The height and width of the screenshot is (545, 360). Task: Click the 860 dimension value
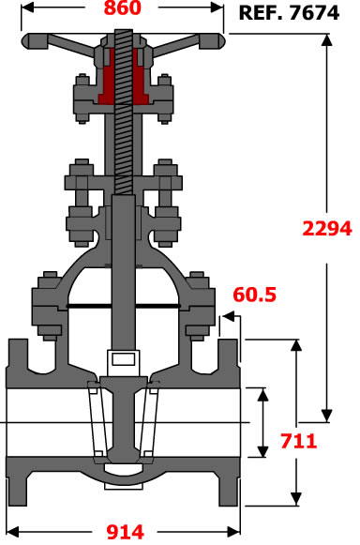coord(123,8)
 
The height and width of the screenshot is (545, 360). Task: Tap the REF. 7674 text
coord(289,13)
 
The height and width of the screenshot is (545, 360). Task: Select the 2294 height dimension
coord(327,229)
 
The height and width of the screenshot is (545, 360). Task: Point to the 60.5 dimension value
coord(255,295)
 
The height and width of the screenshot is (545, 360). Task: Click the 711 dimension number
coord(299,441)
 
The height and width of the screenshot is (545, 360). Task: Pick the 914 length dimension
coord(125,532)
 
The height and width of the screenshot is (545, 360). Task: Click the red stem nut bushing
coord(124,78)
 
